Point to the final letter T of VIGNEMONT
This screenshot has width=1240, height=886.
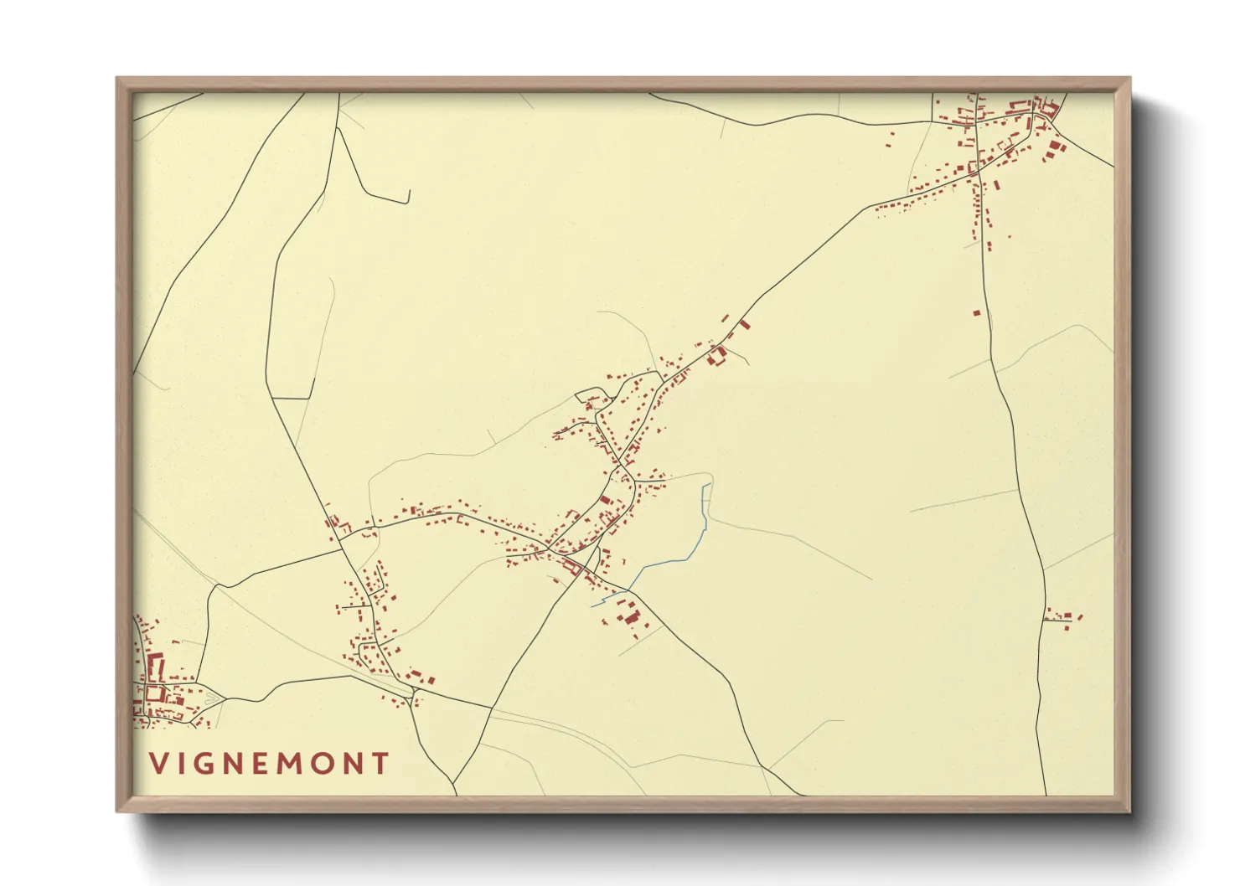click(x=382, y=763)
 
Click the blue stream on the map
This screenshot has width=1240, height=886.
click(x=670, y=562)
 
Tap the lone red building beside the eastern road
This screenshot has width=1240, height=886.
click(x=976, y=313)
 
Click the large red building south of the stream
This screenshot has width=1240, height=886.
click(x=630, y=618)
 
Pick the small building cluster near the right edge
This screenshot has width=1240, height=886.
click(x=1065, y=619)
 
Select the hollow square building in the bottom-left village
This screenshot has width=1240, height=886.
click(x=153, y=692)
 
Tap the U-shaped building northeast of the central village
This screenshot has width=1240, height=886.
click(x=716, y=357)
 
